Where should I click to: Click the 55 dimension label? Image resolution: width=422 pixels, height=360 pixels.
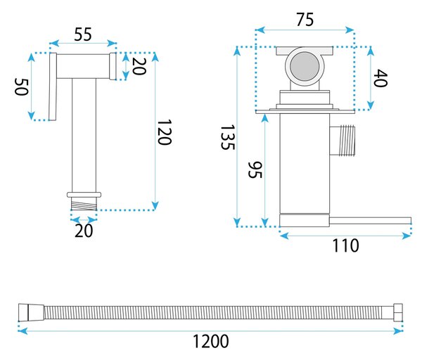tap(83, 34)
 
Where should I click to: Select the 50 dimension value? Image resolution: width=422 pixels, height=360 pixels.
tap(21, 86)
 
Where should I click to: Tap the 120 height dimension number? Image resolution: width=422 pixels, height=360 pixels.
tap(164, 132)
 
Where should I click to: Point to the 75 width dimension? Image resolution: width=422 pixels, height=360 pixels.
tap(305, 20)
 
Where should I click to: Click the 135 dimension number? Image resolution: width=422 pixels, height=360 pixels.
tap(228, 137)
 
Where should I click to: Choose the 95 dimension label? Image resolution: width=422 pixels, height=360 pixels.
tap(255, 169)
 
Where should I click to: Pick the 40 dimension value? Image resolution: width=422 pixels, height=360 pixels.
tap(381, 78)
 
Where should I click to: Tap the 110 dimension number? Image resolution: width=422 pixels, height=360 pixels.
tap(345, 245)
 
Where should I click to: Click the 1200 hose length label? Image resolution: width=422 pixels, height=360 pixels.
tap(211, 341)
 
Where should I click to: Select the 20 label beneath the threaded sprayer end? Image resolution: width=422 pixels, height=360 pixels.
tap(84, 231)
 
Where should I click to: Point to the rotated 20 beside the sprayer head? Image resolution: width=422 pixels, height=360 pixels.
tap(139, 66)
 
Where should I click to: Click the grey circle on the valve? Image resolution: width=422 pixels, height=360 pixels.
tap(305, 66)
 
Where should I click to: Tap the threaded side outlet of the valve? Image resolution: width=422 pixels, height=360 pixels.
tap(343, 141)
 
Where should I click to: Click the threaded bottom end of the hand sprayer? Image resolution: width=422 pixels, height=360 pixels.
tap(84, 204)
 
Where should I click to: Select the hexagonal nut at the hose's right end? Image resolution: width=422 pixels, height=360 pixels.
tap(398, 312)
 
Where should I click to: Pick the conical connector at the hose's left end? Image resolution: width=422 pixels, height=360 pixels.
tap(31, 312)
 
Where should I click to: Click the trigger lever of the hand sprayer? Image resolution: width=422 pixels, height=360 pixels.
tap(53, 86)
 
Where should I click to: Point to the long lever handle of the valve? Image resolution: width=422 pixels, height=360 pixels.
tap(371, 221)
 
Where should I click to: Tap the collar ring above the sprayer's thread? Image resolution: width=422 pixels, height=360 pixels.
tap(84, 195)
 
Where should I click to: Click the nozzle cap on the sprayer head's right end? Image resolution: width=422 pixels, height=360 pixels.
tap(113, 66)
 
